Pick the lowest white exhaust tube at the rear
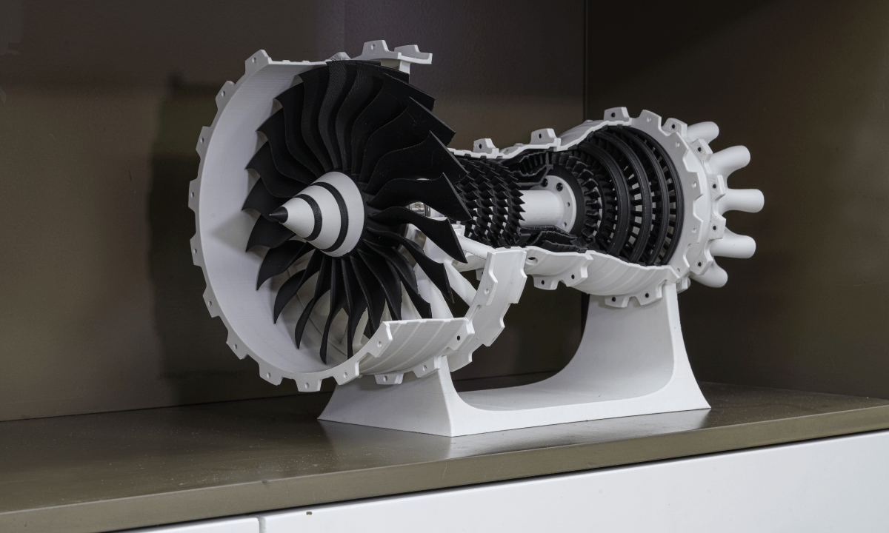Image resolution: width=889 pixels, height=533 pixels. pos(710,274)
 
